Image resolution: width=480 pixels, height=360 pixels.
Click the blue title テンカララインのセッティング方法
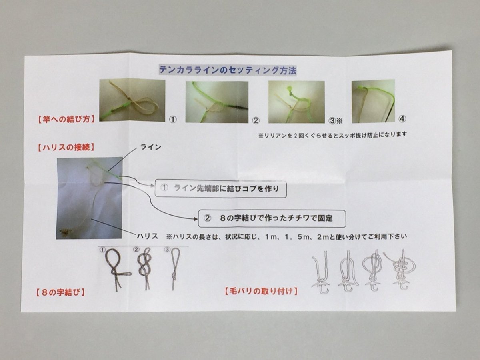228,70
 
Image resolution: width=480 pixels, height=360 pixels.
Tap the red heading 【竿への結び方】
66,120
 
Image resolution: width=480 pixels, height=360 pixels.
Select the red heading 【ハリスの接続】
66,148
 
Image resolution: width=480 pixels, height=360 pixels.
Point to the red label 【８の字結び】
60,292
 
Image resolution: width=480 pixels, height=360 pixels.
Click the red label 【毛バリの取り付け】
261,291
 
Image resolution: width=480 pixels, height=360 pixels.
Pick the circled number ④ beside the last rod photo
402,119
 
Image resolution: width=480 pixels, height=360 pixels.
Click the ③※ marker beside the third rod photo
336,121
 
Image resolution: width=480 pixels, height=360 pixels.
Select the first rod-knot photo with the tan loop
132,100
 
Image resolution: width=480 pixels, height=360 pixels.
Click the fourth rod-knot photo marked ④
373,101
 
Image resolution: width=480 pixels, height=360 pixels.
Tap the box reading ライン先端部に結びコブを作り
221,188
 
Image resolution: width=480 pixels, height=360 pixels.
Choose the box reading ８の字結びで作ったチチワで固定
272,218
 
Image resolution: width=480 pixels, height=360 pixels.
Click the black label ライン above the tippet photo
151,147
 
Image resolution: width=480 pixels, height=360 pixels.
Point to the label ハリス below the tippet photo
147,236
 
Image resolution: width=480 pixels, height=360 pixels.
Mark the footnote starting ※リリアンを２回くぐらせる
332,135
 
